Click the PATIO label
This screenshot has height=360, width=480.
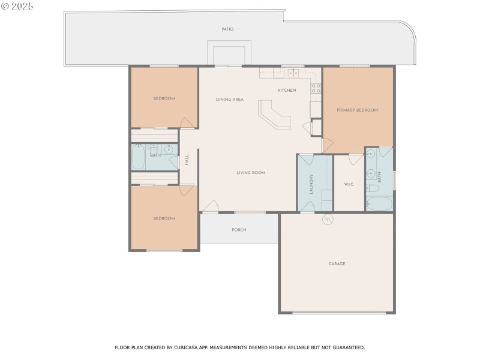click(227, 29)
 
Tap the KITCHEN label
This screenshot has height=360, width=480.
click(286, 91)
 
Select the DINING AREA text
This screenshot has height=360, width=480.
click(229, 100)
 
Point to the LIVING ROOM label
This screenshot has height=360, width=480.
click(250, 173)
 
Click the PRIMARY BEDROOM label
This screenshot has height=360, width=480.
click(357, 110)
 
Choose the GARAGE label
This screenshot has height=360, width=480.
click(337, 264)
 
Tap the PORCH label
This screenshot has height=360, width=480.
click(239, 230)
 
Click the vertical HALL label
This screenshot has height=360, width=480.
click(187, 160)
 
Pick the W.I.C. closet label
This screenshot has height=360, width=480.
click(349, 184)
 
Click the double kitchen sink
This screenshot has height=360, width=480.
click(293, 73)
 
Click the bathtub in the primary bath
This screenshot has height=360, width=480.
click(379, 203)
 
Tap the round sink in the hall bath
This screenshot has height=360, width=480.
click(169, 149)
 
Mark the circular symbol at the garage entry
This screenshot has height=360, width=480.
click(328, 220)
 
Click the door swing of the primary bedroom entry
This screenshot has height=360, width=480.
click(327, 145)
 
